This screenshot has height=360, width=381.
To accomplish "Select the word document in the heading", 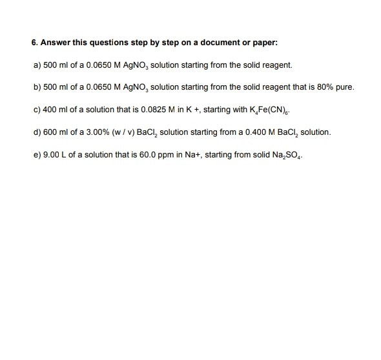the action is point(220,44).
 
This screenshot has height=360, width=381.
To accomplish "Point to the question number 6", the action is point(34,44).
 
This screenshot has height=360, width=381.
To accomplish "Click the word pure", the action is point(342,88).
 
